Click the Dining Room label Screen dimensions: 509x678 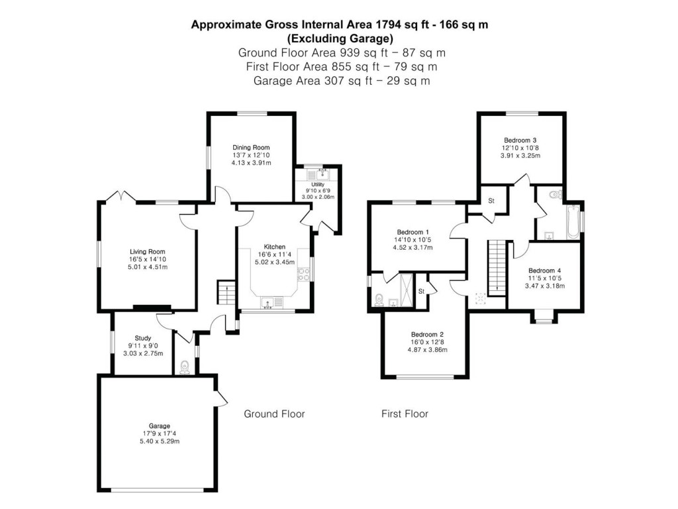tap(251, 147)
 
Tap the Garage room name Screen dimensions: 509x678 tap(159, 425)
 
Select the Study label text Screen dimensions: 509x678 tap(143, 337)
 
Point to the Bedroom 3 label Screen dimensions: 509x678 tap(520, 141)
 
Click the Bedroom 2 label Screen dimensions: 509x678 tap(426, 334)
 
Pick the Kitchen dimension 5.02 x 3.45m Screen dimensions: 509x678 tap(274, 262)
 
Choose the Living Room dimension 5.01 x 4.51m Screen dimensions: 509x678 tap(147, 267)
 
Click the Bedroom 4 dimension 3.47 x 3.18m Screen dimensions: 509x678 tap(544, 286)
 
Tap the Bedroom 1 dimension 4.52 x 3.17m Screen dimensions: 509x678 tap(412, 248)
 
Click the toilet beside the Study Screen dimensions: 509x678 tap(185, 367)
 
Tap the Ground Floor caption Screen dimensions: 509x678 tap(274, 414)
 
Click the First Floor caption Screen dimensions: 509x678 tap(405, 414)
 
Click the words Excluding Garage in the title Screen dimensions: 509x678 tap(340, 38)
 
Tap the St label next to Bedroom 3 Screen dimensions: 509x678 tap(491, 200)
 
